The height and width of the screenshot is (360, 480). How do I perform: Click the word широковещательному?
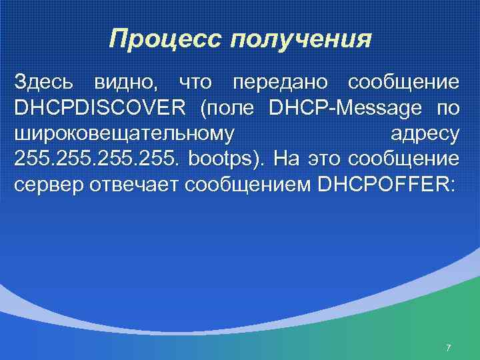coord(124,134)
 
